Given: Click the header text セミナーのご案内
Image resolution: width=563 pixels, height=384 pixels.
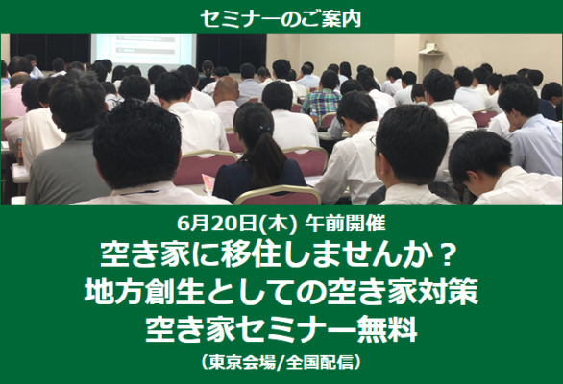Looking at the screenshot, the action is coord(281,18).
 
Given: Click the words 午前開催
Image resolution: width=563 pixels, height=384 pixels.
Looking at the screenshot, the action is coord(345,224).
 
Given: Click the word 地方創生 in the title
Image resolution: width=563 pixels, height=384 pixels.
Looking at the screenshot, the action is coord(145,292).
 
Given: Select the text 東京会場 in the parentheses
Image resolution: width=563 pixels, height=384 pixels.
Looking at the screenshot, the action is coord(242,361).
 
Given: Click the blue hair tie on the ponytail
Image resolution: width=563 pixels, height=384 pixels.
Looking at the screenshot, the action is coord(264,128).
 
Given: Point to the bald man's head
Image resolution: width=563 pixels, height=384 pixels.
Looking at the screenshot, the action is coord(226,88).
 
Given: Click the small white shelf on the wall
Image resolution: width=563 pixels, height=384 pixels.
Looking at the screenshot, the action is coord(430,50).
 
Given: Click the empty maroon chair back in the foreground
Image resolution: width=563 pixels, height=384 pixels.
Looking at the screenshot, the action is coord(278,196).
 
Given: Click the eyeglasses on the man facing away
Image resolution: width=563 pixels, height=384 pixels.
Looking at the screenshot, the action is coord(374,141).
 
